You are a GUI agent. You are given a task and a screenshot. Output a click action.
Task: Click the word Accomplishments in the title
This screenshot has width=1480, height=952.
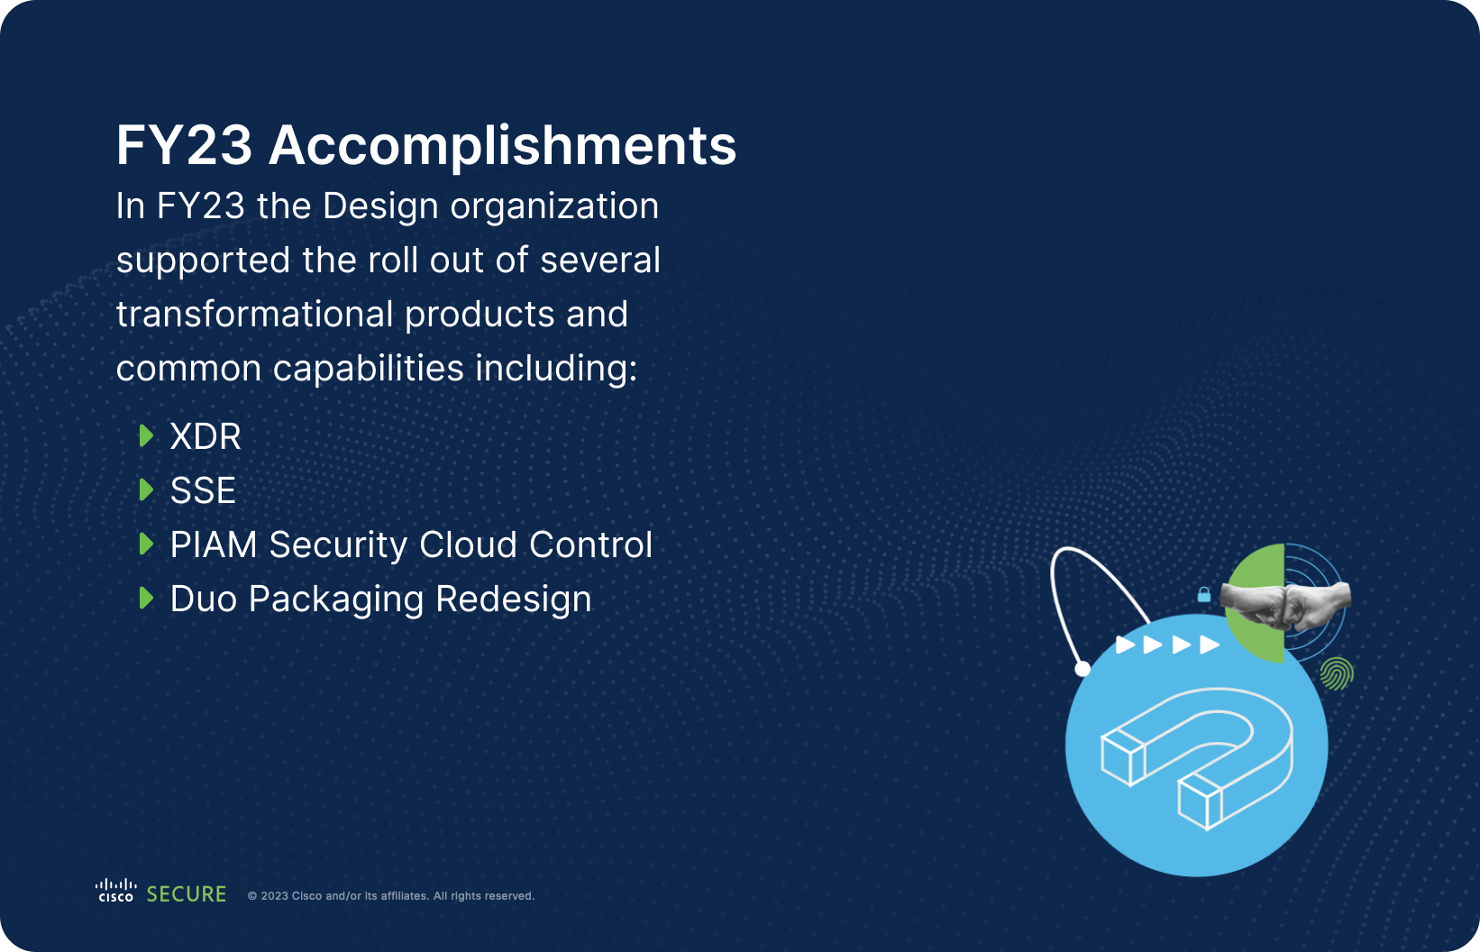(502, 146)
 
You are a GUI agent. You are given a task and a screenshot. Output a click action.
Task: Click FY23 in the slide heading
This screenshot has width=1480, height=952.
(184, 146)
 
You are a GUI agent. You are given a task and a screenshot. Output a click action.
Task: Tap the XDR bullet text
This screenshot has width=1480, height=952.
(206, 437)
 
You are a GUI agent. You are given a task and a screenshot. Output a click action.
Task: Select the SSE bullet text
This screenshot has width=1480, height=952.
(203, 491)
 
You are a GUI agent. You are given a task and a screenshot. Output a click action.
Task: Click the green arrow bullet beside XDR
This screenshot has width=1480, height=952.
(146, 436)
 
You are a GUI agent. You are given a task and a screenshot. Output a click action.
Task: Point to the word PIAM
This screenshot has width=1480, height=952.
(214, 545)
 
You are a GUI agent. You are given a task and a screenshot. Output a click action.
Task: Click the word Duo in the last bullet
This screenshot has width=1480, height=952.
(203, 600)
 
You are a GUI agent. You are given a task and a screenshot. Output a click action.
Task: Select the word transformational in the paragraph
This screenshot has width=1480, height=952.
(255, 315)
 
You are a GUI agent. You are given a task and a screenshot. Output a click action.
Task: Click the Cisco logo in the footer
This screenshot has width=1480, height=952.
(116, 891)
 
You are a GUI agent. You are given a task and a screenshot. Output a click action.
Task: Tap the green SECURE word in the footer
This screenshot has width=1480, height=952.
(187, 894)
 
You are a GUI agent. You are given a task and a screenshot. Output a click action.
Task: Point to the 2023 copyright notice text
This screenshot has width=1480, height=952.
(391, 896)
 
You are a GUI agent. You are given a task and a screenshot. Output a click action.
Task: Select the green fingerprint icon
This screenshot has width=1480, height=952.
(1337, 673)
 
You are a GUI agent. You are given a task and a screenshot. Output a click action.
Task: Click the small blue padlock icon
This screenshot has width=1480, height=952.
(1203, 594)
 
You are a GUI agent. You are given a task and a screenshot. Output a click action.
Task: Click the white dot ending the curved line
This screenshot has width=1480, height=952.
(1083, 668)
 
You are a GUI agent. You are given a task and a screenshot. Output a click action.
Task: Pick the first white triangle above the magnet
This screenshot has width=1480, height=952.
(1125, 645)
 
